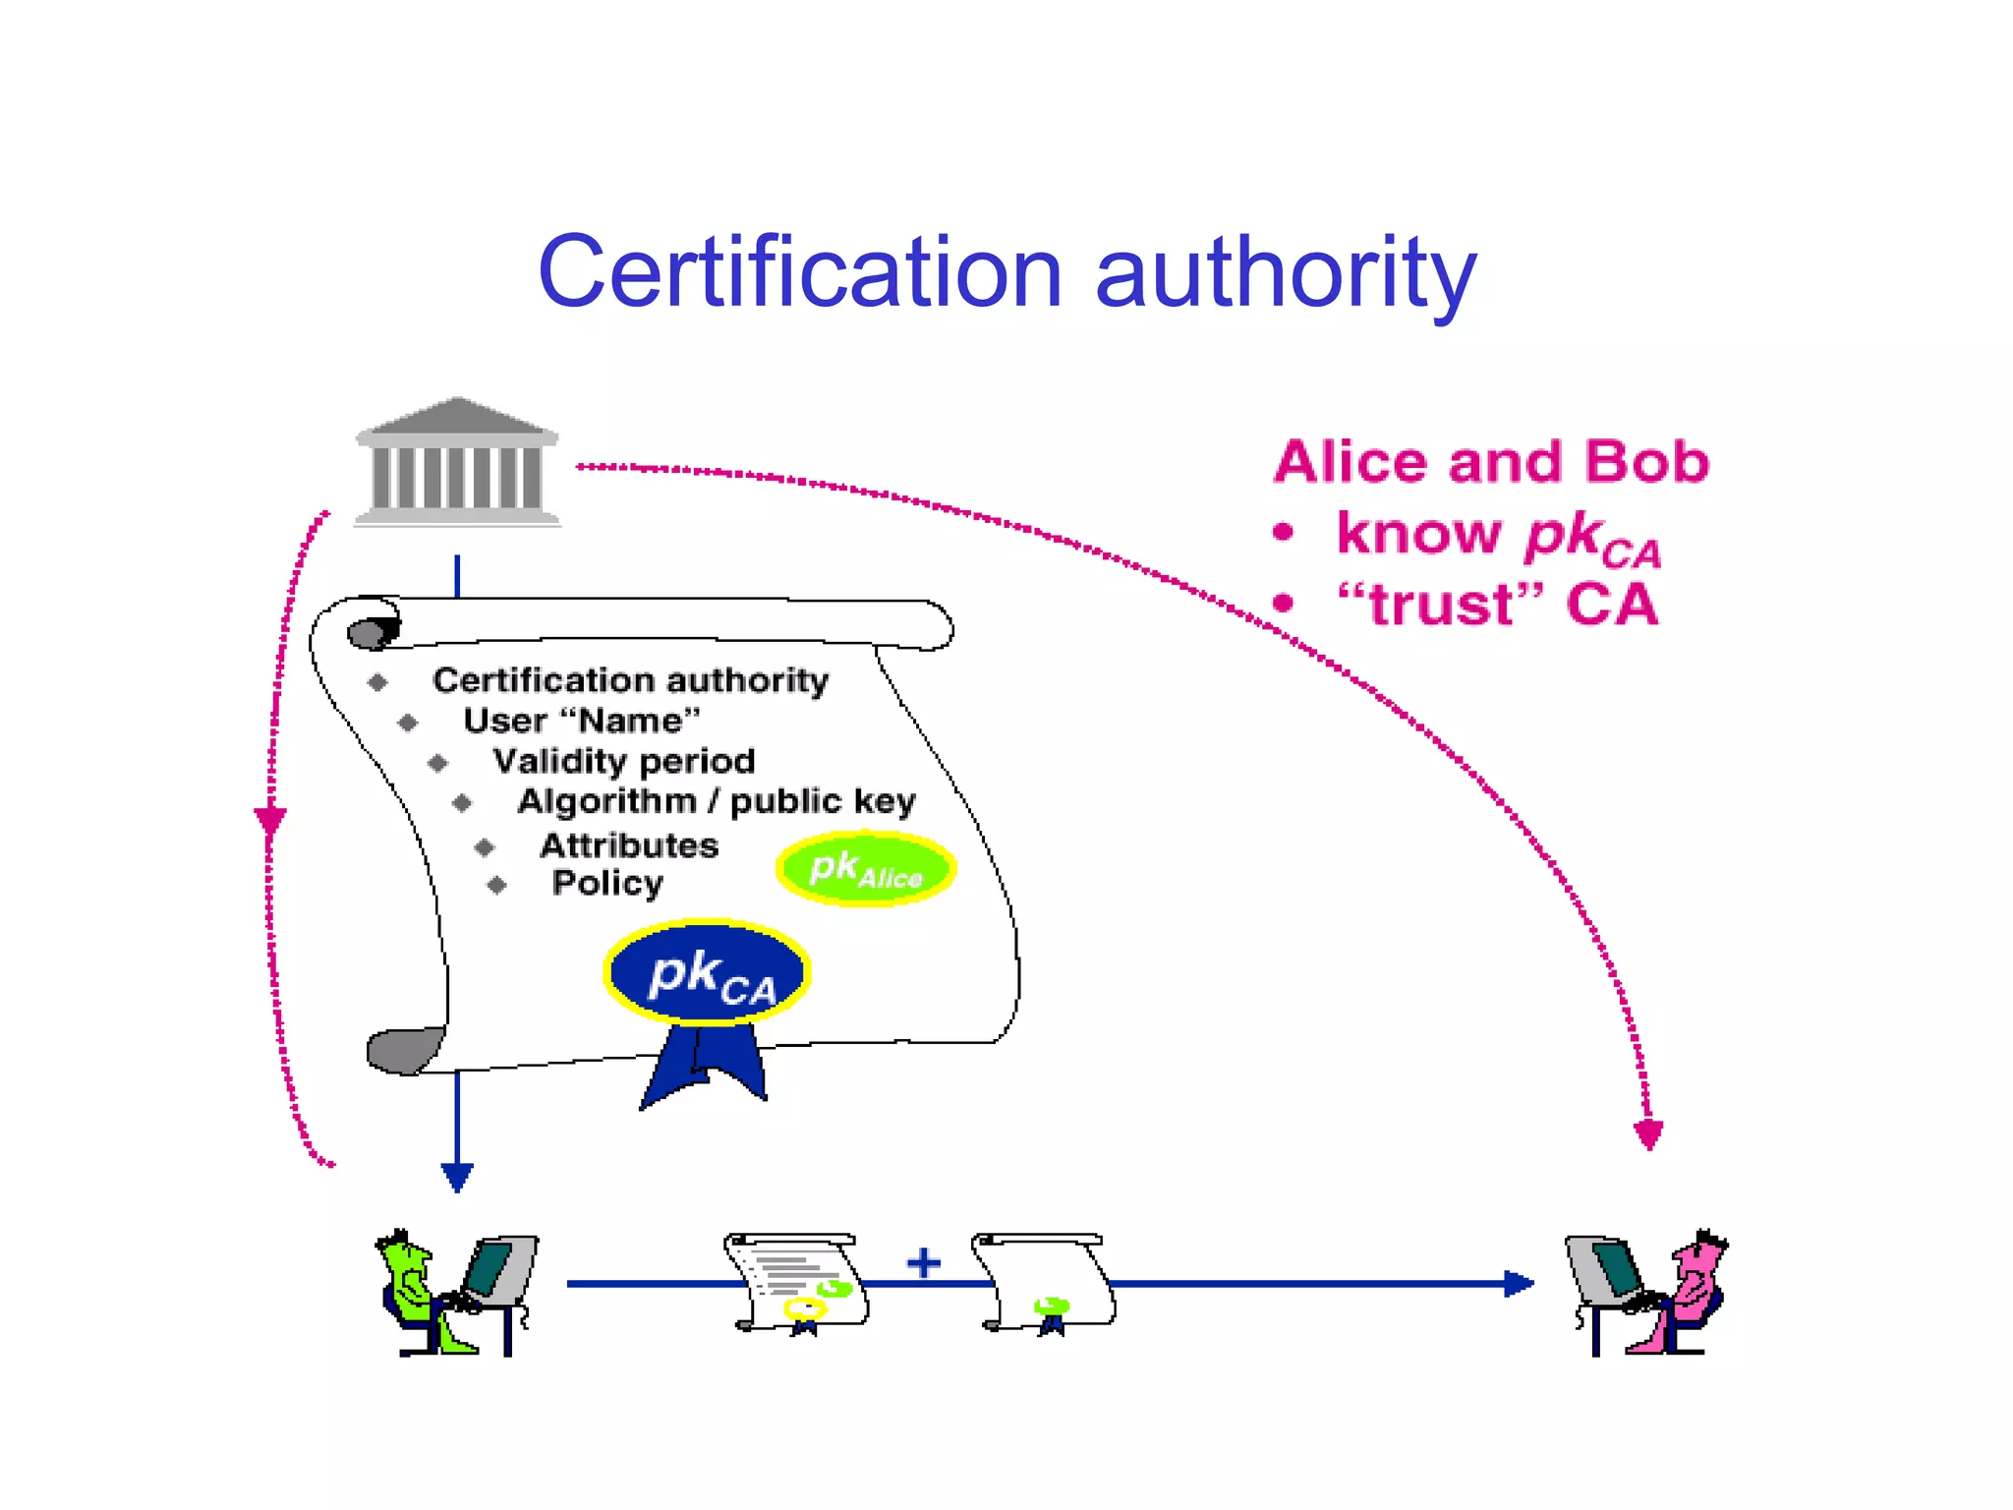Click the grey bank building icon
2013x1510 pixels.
(457, 462)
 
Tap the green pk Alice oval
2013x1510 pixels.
(865, 869)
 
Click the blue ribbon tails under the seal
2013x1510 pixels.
(703, 1067)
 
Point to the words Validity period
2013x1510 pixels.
(624, 761)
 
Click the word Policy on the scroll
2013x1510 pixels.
(607, 883)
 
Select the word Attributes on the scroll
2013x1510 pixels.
(629, 844)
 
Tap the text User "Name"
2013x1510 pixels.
(582, 721)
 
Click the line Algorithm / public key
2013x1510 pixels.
(717, 801)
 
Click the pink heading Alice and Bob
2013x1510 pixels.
(1491, 461)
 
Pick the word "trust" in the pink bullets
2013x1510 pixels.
(1441, 604)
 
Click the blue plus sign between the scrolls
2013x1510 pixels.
(923, 1262)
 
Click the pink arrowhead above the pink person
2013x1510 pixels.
(1648, 1133)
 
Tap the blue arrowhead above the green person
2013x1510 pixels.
(457, 1176)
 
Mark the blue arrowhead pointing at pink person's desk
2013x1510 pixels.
(1519, 1283)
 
